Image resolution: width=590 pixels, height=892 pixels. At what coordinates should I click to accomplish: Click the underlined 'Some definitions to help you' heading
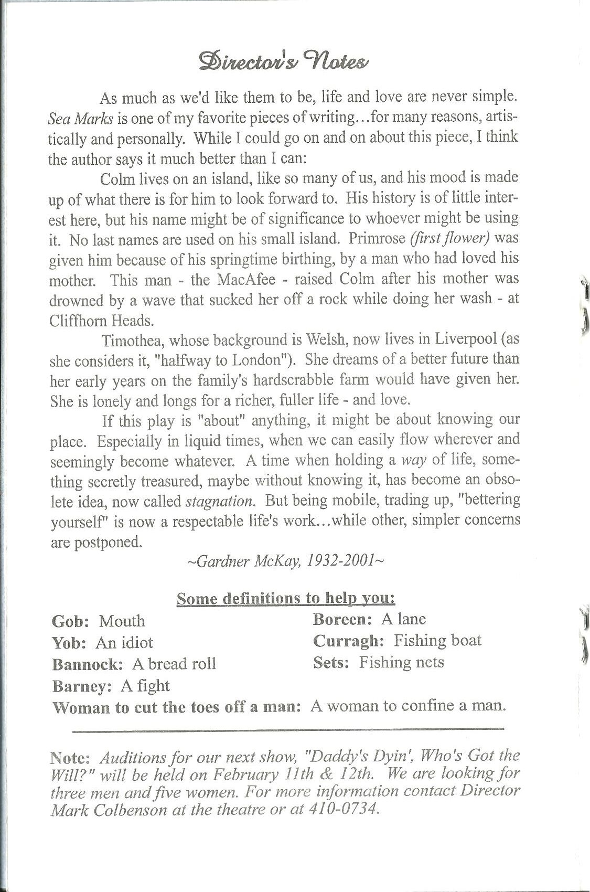pos(286,598)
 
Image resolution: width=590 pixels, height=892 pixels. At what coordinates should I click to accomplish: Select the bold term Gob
pos(70,621)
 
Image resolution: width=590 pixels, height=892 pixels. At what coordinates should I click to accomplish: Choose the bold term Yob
pos(69,643)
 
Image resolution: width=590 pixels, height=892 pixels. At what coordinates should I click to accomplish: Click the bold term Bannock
pos(87,664)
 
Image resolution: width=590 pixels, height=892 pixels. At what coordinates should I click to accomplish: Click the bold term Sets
pos(330,662)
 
